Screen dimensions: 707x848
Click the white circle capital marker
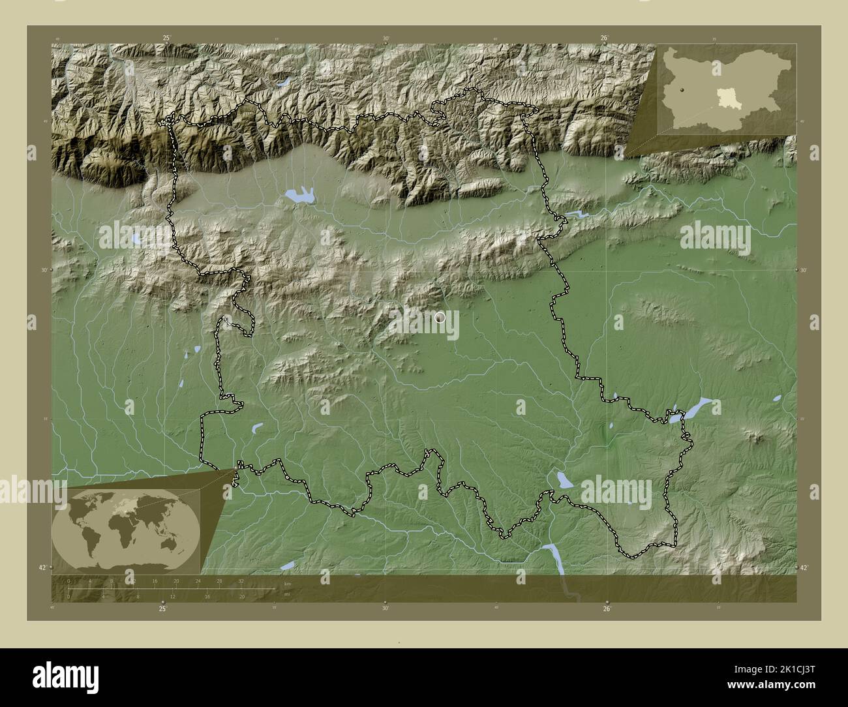(440, 318)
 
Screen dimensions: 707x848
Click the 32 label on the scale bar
(241, 580)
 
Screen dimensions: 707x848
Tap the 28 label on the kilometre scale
(219, 580)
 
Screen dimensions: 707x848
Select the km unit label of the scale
(288, 584)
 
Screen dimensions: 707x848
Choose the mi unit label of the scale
(287, 593)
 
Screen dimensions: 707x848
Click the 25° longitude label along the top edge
(166, 38)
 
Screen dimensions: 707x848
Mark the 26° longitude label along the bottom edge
(607, 609)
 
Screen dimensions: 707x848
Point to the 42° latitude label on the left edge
(42, 568)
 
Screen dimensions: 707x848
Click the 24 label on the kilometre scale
(198, 580)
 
